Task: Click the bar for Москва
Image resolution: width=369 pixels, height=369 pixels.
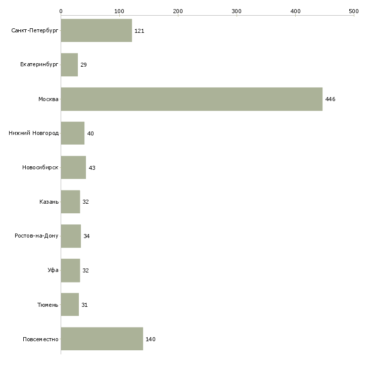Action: [x=191, y=99]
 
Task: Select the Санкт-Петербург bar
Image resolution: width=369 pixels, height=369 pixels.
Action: [x=96, y=31]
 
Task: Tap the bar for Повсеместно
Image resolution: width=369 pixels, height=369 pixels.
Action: [x=102, y=339]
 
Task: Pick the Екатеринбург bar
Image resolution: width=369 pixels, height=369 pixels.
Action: [x=69, y=65]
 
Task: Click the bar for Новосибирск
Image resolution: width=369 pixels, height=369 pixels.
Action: [x=73, y=167]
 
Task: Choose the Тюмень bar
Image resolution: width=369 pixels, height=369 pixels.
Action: [x=70, y=305]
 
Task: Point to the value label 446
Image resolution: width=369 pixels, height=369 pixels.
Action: [x=330, y=99]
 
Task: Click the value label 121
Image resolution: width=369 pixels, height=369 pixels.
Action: [x=140, y=31]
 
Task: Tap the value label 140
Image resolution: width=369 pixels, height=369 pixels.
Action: [x=150, y=339]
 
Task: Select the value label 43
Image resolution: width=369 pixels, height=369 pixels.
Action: [x=92, y=168]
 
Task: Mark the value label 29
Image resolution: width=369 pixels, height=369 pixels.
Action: [x=83, y=65]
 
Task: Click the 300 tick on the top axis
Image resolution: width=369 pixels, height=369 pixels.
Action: [x=237, y=11]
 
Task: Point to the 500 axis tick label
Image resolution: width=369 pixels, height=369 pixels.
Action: [x=354, y=11]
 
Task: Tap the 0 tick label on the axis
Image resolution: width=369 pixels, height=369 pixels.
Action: [x=61, y=11]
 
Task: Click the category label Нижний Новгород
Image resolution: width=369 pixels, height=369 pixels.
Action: [x=33, y=133]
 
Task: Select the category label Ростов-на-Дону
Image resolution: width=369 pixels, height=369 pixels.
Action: [x=36, y=236]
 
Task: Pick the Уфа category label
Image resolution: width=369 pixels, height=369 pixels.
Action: [x=53, y=270]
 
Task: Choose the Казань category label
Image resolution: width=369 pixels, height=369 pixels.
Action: [x=49, y=202]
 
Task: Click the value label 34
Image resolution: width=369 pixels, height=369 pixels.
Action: [x=86, y=236]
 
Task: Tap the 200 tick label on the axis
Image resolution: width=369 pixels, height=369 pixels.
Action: [x=178, y=11]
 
